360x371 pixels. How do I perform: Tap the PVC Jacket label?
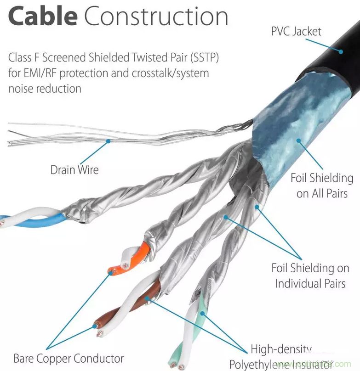pyautogui.click(x=296, y=32)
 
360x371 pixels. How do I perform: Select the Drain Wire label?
pyautogui.click(x=74, y=169)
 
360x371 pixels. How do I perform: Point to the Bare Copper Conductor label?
pyautogui.click(x=69, y=358)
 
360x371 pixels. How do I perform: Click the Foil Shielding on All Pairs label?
pyautogui.click(x=321, y=185)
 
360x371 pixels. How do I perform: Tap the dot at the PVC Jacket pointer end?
pyautogui.click(x=341, y=51)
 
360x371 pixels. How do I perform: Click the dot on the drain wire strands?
pyautogui.click(x=109, y=141)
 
